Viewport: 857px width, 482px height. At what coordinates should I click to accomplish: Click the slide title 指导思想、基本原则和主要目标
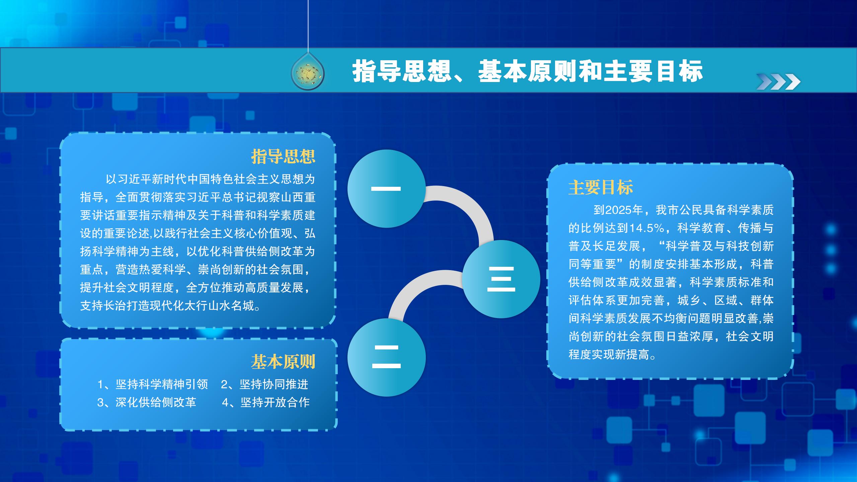pyautogui.click(x=527, y=71)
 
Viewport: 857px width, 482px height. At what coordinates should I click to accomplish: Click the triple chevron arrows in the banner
pyautogui.click(x=778, y=82)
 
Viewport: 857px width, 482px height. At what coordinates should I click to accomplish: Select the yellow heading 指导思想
pyautogui.click(x=283, y=156)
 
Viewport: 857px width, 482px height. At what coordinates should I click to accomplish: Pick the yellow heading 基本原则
pyautogui.click(x=283, y=361)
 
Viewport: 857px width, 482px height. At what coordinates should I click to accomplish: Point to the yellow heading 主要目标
pyautogui.click(x=601, y=187)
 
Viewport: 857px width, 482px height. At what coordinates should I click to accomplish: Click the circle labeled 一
pyautogui.click(x=386, y=189)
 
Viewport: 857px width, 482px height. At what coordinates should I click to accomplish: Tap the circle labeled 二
pyautogui.click(x=386, y=357)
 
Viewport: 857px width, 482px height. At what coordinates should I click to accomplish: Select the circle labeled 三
pyautogui.click(x=501, y=279)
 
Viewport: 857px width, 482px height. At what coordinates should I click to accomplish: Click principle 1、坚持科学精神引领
pyautogui.click(x=153, y=384)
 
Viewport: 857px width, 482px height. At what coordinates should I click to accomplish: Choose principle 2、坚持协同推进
pyautogui.click(x=264, y=384)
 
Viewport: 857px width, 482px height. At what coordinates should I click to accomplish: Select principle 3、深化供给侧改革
pyautogui.click(x=147, y=402)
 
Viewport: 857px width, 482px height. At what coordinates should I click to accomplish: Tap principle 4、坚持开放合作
pyautogui.click(x=266, y=402)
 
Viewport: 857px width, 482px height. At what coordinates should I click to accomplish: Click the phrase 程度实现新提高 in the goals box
pyautogui.click(x=609, y=354)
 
